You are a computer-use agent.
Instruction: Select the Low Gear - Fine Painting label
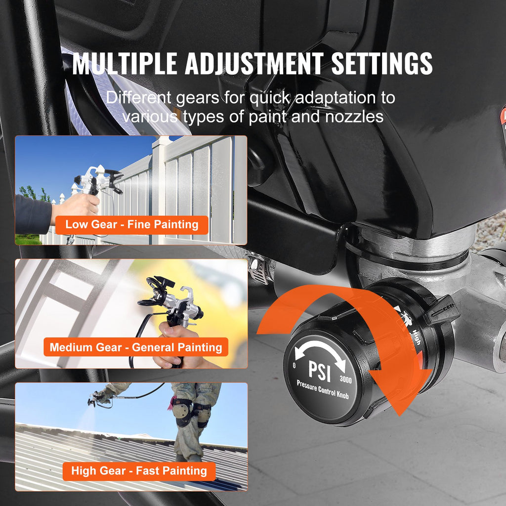(131, 224)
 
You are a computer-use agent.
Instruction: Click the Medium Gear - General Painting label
(136, 347)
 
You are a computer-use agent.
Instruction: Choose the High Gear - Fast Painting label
(139, 470)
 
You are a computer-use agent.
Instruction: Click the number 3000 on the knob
(346, 380)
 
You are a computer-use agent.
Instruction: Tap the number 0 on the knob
(294, 366)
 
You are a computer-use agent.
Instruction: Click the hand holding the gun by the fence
(74, 208)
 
